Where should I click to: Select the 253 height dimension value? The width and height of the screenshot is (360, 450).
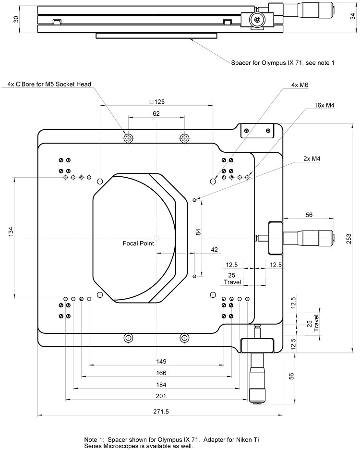(349, 239)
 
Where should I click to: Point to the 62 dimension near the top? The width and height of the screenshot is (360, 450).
(156, 114)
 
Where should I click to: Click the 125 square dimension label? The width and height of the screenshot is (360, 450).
(157, 101)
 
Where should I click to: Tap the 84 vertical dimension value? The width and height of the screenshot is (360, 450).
(198, 231)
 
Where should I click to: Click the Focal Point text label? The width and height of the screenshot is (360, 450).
(138, 243)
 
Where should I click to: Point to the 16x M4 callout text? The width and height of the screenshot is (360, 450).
(324, 105)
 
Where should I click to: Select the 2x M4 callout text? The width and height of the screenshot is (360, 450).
(312, 158)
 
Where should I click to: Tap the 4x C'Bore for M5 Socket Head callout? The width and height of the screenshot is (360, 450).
(49, 85)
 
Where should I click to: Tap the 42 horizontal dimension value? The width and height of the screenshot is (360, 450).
(214, 249)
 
